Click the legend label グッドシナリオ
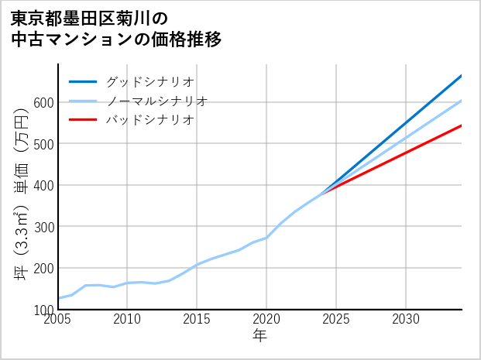tap(149, 81)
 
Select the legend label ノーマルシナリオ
tap(156, 101)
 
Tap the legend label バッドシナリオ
tap(149, 120)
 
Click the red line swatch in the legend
tap(84, 120)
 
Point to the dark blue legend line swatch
tap(84, 81)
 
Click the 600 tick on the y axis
tap(43, 102)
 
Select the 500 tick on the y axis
tap(43, 144)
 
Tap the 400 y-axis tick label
tap(43, 185)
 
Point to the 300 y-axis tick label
tap(43, 227)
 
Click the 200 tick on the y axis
tap(43, 268)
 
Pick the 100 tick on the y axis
tap(43, 310)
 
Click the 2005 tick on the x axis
tap(58, 319)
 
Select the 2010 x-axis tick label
tap(128, 319)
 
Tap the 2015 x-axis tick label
tap(198, 319)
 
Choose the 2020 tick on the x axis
tap(266, 319)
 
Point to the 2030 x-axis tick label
tap(406, 319)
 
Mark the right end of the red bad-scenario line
tap(461, 125)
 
